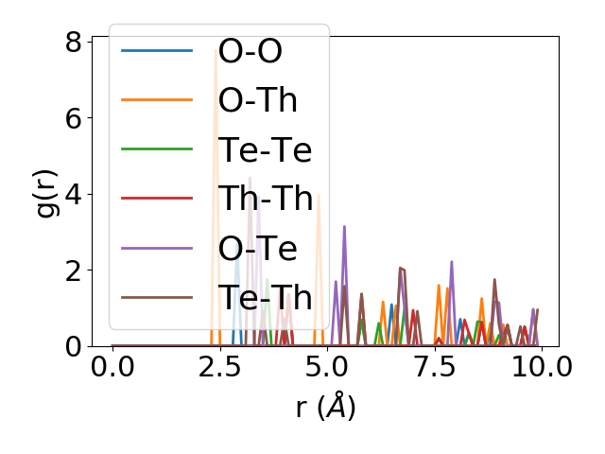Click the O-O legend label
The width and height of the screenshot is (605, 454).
[x=251, y=51]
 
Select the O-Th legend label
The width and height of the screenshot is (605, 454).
[x=258, y=100]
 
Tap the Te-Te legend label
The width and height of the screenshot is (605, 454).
[x=265, y=149]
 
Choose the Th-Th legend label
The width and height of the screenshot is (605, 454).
[x=266, y=199]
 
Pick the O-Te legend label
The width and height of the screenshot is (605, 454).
[x=258, y=248]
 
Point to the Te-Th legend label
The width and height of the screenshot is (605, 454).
[x=266, y=297]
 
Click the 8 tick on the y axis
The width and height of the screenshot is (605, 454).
[x=73, y=43]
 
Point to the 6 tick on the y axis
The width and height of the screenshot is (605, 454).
[x=73, y=118]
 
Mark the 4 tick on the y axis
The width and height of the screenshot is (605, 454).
[x=73, y=194]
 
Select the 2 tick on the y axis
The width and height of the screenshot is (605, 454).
[x=73, y=271]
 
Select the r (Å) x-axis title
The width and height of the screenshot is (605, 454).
[x=325, y=407]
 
